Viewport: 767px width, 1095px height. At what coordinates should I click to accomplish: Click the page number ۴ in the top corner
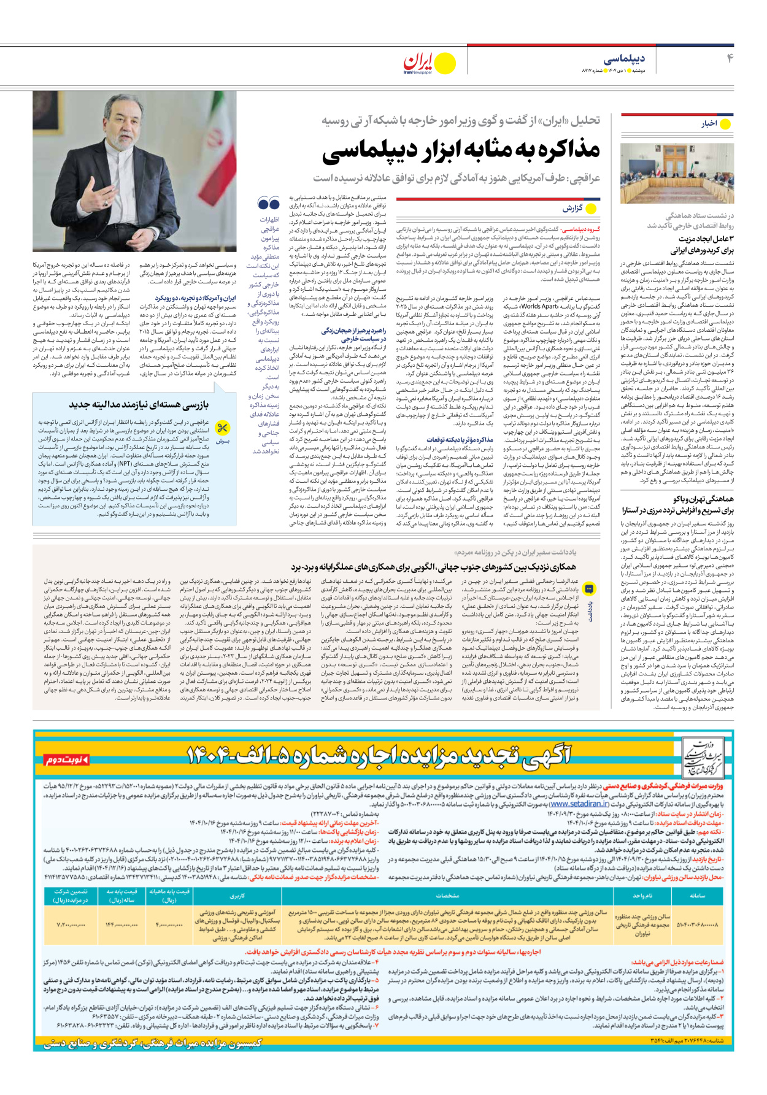(730, 58)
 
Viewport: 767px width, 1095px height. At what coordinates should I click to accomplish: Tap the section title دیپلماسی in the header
(625, 59)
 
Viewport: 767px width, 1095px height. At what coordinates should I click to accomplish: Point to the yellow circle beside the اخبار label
(725, 124)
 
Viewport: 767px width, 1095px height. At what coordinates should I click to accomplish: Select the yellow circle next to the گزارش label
(591, 209)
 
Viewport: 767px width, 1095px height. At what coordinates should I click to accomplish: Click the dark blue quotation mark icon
(268, 203)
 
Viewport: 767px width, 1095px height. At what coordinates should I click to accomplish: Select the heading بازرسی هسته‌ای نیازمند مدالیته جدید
(139, 404)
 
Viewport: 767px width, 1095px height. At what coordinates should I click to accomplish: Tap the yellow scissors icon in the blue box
(223, 428)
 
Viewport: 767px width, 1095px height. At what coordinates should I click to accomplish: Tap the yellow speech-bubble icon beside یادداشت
(589, 588)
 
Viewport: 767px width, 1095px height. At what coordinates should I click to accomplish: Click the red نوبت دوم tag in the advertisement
(67, 760)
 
